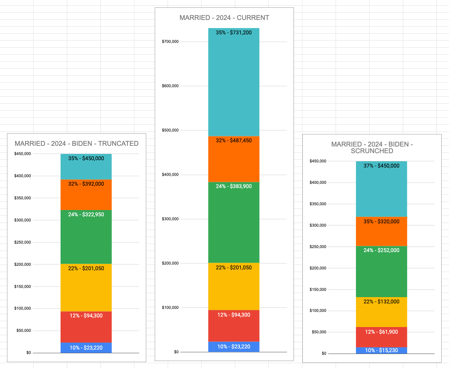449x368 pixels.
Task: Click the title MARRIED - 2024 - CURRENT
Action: click(224, 18)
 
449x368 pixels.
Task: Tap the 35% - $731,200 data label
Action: click(234, 32)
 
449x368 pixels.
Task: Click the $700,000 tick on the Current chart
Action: click(170, 42)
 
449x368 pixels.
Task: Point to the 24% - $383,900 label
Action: click(234, 186)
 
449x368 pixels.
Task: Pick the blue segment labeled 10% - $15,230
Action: click(381, 351)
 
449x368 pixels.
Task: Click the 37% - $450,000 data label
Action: click(381, 166)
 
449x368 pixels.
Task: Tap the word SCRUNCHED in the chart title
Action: click(372, 151)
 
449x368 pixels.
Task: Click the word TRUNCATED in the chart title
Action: click(118, 144)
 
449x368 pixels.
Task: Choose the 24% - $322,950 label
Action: click(86, 214)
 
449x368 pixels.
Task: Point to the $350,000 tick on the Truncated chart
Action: click(23, 198)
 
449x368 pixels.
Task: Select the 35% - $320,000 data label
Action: click(381, 221)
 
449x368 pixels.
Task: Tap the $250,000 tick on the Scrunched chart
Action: click(318, 247)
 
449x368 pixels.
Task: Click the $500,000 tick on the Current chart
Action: click(170, 130)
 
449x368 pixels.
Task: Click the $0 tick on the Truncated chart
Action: click(28, 353)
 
